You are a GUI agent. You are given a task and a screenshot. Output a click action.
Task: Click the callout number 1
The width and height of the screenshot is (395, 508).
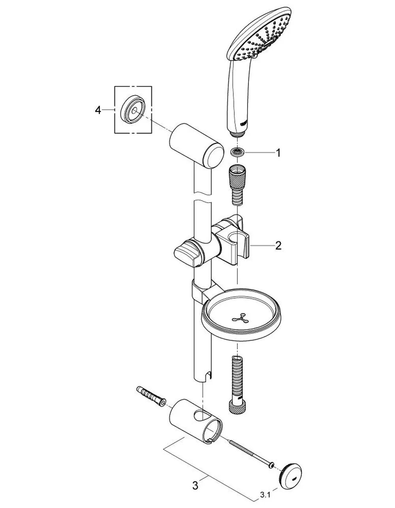[278, 153]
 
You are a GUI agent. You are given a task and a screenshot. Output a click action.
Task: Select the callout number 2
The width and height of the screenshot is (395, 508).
[278, 246]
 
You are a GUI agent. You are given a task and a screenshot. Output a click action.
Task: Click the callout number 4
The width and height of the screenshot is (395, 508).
[98, 110]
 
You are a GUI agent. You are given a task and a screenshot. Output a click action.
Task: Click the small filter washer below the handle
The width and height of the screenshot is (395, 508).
[238, 152]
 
